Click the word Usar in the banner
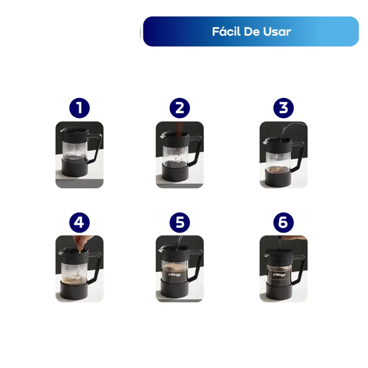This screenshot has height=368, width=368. pos(277,32)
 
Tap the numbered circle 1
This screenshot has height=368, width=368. pos(79,108)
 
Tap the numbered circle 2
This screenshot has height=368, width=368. pos(180,108)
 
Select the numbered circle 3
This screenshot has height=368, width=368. pos(283,108)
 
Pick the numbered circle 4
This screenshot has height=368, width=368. pos(79,222)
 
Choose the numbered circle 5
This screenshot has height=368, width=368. pos(180,222)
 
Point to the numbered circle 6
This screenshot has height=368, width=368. pos(283,222)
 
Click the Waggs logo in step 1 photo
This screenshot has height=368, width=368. pos(75,154)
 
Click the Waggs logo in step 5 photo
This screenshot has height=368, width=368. pos(174,275)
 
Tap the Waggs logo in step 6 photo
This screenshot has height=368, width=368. pos(279,275)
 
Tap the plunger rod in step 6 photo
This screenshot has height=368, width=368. pos(280,243)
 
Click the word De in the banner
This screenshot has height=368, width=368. pos(252,32)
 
